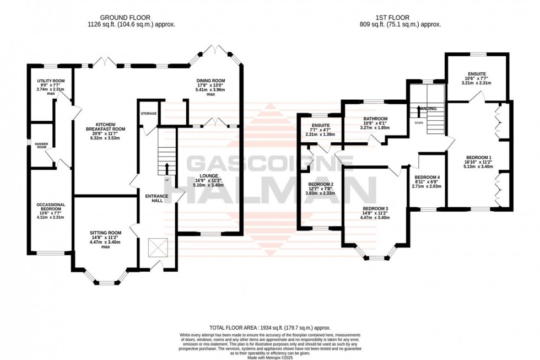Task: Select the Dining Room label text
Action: (x=210, y=81)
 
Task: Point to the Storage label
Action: (x=149, y=114)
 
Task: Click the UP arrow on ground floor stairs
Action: (x=166, y=168)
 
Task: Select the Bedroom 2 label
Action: (x=321, y=184)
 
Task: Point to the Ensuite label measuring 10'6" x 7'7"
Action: (x=477, y=73)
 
